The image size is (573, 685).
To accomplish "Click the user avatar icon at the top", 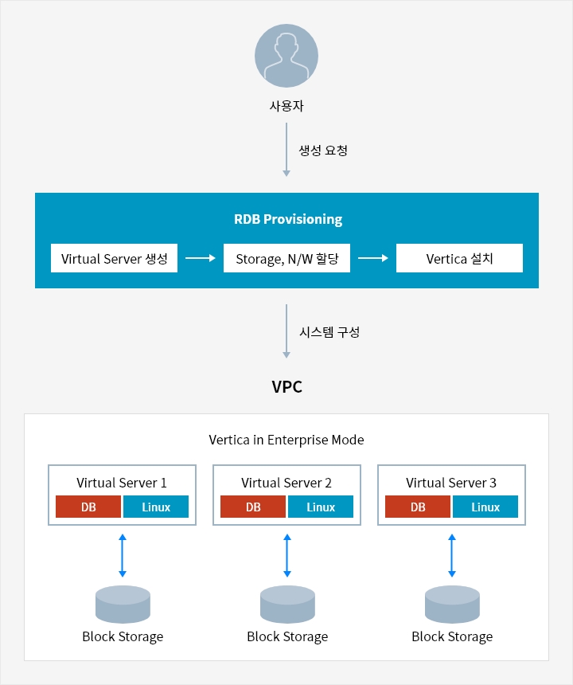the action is coord(286,56).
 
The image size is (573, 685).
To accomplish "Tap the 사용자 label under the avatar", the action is coord(286,106).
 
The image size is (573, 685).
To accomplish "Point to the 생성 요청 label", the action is coord(323,151).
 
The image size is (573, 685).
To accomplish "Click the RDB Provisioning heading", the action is coord(288,219).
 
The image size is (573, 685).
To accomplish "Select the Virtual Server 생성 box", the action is coord(114,258).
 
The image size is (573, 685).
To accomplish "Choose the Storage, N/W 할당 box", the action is coord(286,258).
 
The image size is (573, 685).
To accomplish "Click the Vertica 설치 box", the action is coord(459,258).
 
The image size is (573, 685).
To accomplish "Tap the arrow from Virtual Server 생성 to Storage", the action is coord(201,258).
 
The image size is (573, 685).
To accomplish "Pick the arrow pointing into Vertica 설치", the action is coord(373,258).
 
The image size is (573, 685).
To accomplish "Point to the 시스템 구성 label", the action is coord(329,332).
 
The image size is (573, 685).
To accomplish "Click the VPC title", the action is coord(286,386).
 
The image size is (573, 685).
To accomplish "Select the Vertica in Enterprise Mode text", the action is coord(286,440).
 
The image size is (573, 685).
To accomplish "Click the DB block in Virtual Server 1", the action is coord(88,507).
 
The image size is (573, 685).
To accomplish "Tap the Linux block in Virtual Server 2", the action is coord(321,507).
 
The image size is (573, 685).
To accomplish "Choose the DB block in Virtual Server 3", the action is coord(418,507).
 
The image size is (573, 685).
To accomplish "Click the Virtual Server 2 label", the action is coord(286,483).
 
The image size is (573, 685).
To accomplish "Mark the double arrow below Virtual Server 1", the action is coord(123,555).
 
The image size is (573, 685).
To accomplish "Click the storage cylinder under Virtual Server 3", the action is coord(452,605).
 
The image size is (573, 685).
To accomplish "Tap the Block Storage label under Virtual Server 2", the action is coord(287,636).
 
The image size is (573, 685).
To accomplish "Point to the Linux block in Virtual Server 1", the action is coord(156,507).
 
